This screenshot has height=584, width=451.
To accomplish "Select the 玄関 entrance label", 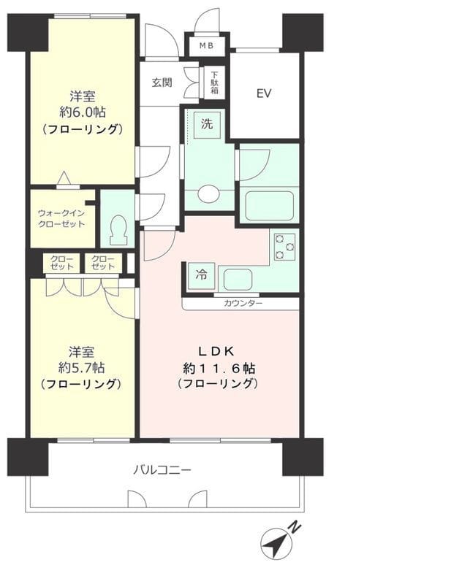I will point(162,82).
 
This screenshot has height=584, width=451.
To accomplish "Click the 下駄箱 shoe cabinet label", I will point(215,83).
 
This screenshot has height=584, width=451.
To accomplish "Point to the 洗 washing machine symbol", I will point(207,124).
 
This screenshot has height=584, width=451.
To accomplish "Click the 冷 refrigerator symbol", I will point(200,275).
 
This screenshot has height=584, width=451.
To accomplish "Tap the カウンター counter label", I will point(243,303).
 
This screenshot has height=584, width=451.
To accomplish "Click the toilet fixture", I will point(117,231).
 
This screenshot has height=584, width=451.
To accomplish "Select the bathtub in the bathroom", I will point(268,205).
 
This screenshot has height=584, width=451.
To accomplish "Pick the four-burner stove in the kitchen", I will point(284,247).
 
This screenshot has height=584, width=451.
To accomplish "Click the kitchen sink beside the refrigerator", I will point(237,278).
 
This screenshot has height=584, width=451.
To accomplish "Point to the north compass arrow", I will point(276,544).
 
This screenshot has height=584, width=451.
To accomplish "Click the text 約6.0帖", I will point(83,112).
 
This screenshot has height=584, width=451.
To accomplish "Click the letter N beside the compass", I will point(293,526).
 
